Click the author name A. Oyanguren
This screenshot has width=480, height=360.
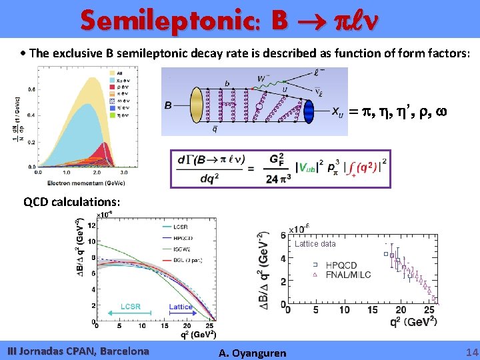[253, 353]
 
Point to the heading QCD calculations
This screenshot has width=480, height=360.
[72, 201]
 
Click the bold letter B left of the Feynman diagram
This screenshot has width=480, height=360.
[169, 105]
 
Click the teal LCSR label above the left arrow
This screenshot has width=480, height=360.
[131, 306]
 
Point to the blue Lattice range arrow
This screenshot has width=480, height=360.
[181, 314]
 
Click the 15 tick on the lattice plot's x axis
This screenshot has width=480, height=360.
[375, 310]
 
